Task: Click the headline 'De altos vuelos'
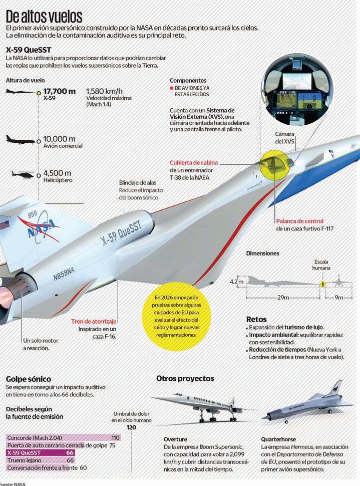tap(45, 16)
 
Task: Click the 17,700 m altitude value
tap(59, 91)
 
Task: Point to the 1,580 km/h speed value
tap(104, 91)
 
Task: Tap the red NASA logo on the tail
tap(38, 228)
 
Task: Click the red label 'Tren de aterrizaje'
tap(94, 321)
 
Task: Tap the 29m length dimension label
tap(283, 298)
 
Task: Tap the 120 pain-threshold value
tap(131, 427)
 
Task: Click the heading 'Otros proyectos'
tap(185, 378)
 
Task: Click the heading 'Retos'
tap(256, 319)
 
